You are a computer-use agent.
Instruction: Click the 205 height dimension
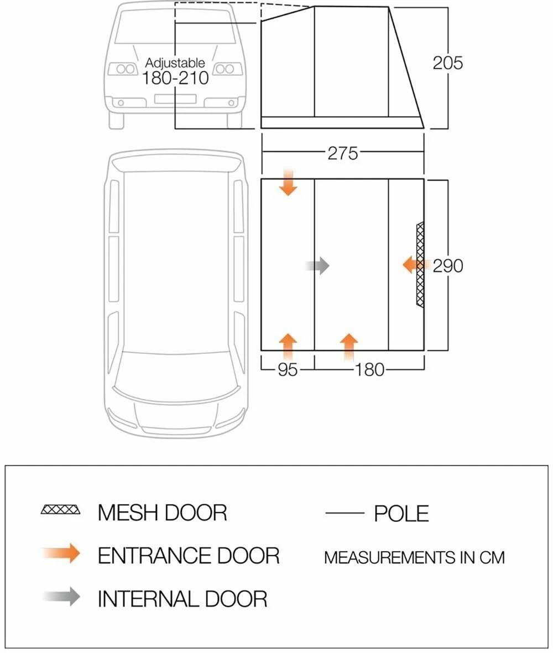tap(447, 63)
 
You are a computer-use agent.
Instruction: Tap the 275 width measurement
tap(343, 153)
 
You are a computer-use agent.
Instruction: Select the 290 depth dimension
tap(447, 266)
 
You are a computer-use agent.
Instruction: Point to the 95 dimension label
tap(288, 369)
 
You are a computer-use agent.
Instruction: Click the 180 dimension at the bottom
tap(369, 369)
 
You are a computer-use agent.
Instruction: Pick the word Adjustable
tap(175, 63)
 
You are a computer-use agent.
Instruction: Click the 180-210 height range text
tap(175, 78)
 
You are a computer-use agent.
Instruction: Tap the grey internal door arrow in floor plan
tap(317, 266)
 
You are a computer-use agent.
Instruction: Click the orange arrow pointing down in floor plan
tap(288, 182)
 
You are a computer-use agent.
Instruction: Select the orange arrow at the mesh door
tap(414, 265)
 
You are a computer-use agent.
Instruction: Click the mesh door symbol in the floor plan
tap(420, 265)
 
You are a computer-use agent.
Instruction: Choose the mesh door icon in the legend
tap(61, 509)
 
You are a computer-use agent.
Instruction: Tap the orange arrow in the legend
tap(61, 553)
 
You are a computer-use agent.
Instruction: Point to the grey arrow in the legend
tap(61, 597)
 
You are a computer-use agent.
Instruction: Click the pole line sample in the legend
tap(345, 513)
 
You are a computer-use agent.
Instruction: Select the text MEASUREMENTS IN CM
tap(414, 557)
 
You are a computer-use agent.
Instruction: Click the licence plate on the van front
tap(175, 99)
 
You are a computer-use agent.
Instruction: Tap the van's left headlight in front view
tap(122, 69)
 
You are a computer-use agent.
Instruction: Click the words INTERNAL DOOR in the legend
tap(182, 598)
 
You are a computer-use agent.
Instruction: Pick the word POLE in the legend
tap(401, 514)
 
